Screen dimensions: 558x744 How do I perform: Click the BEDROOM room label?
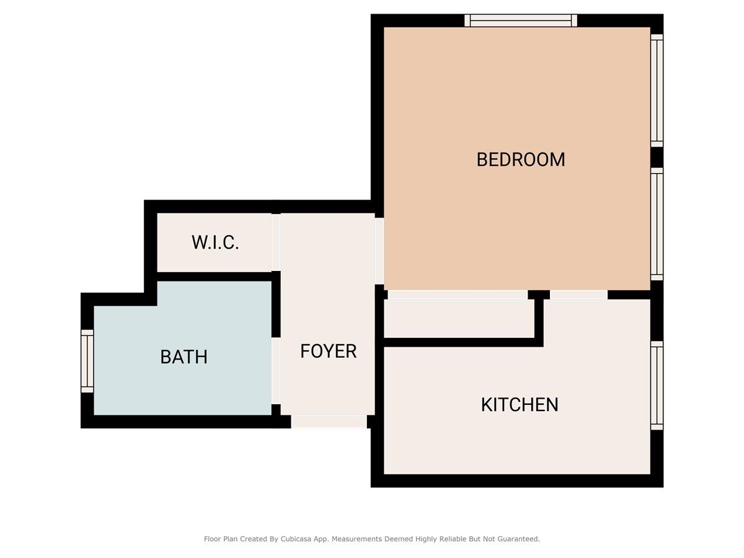pyautogui.click(x=520, y=159)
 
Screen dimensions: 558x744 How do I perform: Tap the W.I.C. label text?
pyautogui.click(x=215, y=242)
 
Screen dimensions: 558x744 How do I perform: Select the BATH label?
pyautogui.click(x=184, y=357)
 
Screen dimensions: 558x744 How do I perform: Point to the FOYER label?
pyautogui.click(x=328, y=351)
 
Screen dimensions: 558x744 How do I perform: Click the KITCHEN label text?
pyautogui.click(x=520, y=405)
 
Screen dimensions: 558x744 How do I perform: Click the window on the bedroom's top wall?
pyautogui.click(x=521, y=21)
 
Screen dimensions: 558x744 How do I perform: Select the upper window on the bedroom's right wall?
pyautogui.click(x=657, y=91)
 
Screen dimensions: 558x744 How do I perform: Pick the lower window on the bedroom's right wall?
pyautogui.click(x=657, y=223)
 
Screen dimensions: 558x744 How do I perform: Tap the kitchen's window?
pyautogui.click(x=657, y=385)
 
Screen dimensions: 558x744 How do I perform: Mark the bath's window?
pyautogui.click(x=87, y=361)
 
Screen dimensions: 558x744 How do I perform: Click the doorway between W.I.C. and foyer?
pyautogui.click(x=276, y=242)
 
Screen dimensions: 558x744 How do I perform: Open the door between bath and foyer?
pyautogui.click(x=276, y=371)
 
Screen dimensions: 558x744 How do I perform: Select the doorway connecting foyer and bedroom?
pyautogui.click(x=379, y=251)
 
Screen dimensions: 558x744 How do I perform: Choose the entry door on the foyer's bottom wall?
pyautogui.click(x=329, y=422)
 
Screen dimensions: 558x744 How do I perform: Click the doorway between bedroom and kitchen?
pyautogui.click(x=578, y=294)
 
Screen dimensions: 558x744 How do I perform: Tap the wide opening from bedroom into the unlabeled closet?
pyautogui.click(x=458, y=294)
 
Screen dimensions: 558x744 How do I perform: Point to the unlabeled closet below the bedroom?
pyautogui.click(x=459, y=319)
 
